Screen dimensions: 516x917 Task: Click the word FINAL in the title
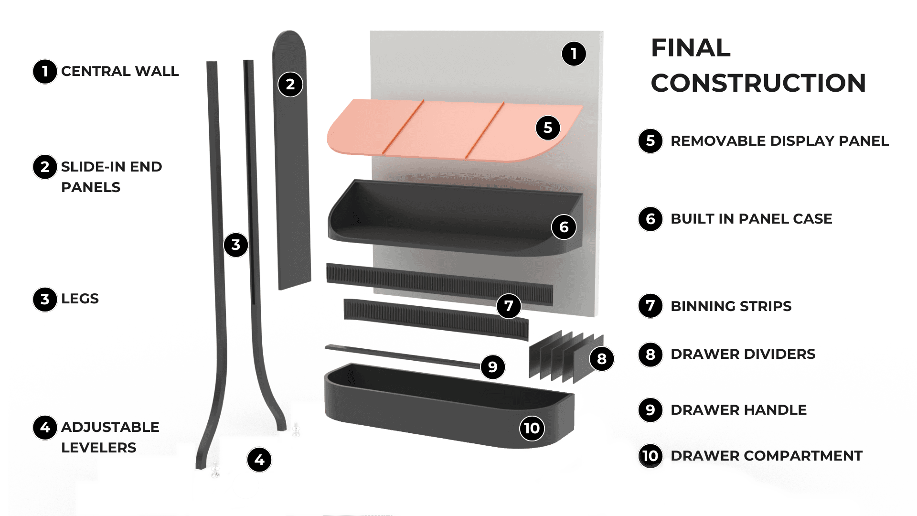691,48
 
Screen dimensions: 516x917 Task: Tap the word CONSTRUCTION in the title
758,83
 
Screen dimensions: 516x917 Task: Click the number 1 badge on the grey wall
574,54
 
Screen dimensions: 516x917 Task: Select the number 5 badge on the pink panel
547,128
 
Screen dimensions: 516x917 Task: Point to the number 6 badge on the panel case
564,227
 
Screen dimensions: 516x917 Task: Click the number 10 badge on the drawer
532,428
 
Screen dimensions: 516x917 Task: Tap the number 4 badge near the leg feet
259,460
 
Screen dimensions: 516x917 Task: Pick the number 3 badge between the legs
236,245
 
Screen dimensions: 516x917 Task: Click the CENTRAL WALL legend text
119,72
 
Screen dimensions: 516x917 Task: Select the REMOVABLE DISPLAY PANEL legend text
779,141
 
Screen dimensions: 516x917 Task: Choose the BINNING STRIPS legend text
731,306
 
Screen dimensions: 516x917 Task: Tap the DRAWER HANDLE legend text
738,410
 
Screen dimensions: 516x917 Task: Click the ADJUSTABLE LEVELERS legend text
110,437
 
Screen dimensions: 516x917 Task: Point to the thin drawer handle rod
401,356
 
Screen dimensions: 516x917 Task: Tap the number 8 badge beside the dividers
601,359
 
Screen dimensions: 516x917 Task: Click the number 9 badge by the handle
492,366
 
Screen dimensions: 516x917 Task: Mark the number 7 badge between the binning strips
508,306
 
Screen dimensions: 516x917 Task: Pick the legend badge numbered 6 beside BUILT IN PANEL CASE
650,219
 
